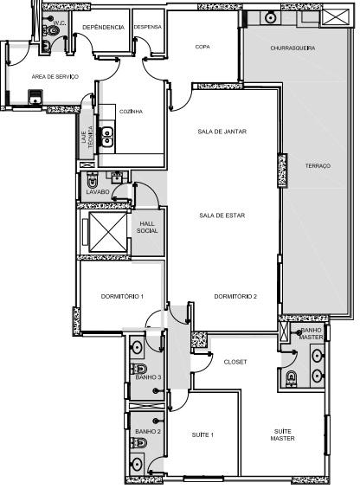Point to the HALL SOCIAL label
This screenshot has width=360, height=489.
tap(147, 227)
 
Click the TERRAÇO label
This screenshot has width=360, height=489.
tap(318, 165)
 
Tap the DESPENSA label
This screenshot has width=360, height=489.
tap(148, 27)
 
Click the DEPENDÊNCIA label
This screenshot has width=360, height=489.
tap(103, 27)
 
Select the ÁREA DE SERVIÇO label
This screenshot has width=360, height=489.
tap(55, 77)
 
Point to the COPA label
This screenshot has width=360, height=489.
tap(203, 47)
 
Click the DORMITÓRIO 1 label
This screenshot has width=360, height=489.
tap(121, 297)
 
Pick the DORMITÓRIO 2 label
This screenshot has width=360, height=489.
tap(235, 297)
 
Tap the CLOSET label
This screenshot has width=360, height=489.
tap(235, 362)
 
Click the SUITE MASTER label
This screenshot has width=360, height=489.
tap(283, 434)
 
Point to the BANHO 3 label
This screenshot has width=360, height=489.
tap(148, 376)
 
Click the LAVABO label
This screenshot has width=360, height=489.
tap(97, 191)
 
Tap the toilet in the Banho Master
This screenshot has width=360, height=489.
tap(292, 376)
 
